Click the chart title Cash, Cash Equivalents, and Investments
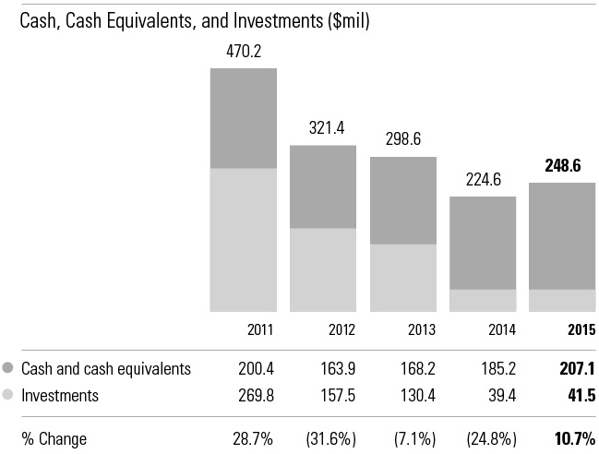click(x=195, y=21)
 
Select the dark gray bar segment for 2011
click(x=243, y=118)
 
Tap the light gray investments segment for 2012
click(x=323, y=269)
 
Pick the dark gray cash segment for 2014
click(x=483, y=243)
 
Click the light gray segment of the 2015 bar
click(x=562, y=300)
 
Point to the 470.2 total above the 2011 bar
click(x=243, y=52)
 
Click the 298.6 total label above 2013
click(x=403, y=140)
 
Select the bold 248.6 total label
click(x=562, y=166)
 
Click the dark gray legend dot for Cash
click(x=8, y=368)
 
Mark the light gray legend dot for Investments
click(x=8, y=395)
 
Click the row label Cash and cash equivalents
click(x=105, y=368)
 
